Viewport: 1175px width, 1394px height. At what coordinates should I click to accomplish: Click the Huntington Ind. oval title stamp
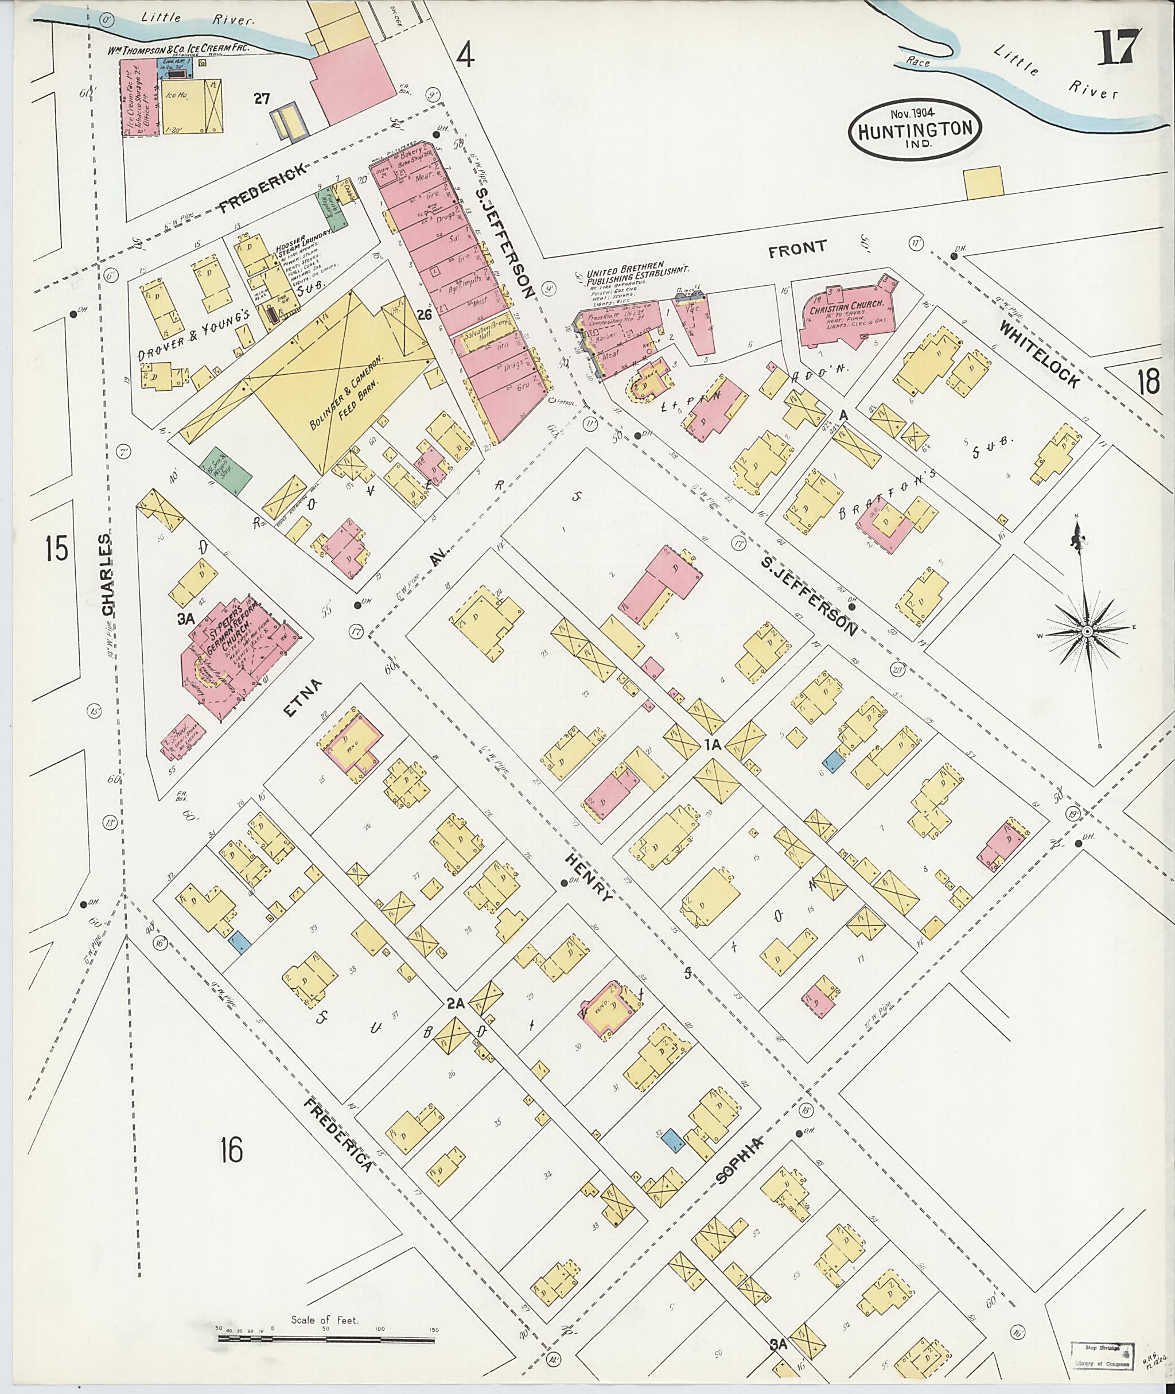coord(915,129)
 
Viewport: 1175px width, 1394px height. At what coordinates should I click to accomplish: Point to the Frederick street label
coord(264,189)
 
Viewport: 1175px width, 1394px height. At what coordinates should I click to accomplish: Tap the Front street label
coord(797,248)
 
